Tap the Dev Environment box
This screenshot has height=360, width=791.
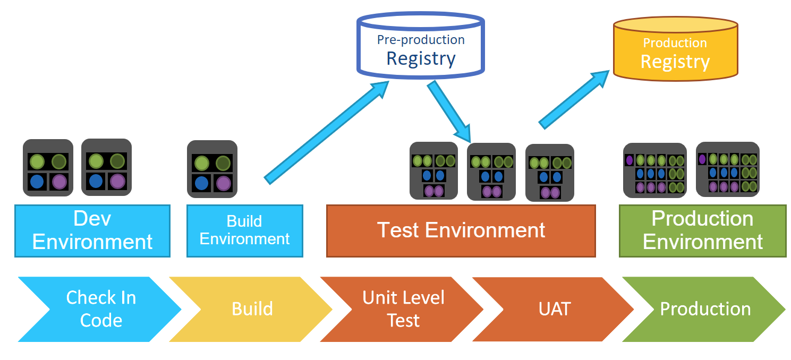point(92,230)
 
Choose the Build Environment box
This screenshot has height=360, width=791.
point(244,230)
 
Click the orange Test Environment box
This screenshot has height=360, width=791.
point(461,230)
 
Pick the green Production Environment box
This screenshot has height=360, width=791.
point(702,230)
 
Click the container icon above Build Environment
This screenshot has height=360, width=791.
point(212,169)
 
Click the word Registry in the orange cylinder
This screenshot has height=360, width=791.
point(675,62)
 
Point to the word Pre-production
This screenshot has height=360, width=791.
point(421,40)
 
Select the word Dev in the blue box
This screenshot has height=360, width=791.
point(92,219)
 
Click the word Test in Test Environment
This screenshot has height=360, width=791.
point(398,230)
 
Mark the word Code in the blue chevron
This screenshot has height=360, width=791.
point(101,321)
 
